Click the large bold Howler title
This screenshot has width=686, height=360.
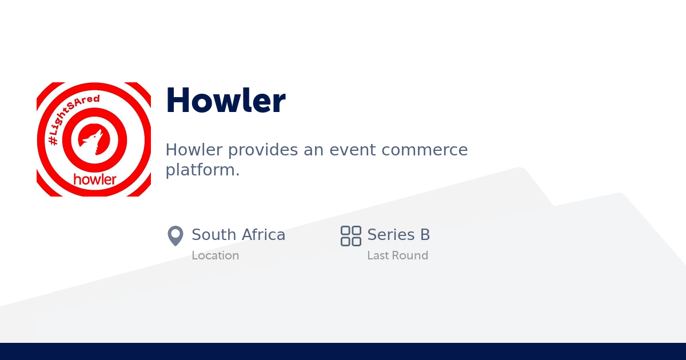[225, 101]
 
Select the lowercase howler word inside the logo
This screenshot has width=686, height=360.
[94, 179]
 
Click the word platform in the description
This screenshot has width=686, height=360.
[200, 170]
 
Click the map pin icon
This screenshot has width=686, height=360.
[175, 235]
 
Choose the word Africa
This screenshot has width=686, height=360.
[263, 235]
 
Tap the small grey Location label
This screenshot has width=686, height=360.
[215, 255]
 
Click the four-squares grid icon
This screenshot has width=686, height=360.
[350, 235]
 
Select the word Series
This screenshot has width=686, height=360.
[390, 235]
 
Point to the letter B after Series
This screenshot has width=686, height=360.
[425, 235]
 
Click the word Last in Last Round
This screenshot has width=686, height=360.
[378, 255]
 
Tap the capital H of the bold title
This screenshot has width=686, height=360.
[178, 101]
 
